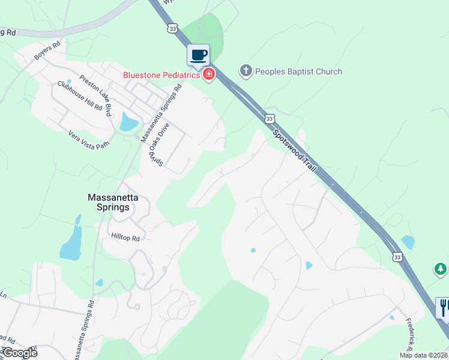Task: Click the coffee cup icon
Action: (199, 56)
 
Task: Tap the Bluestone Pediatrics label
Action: (161, 75)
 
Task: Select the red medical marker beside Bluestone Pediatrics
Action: (209, 75)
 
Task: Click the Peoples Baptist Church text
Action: (298, 71)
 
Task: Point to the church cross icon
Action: (246, 71)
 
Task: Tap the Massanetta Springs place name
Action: (109, 202)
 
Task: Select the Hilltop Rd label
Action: (125, 238)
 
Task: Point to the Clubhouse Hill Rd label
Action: (80, 95)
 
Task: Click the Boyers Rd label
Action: (47, 50)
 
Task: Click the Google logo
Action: (19, 353)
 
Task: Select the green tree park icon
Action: (441, 269)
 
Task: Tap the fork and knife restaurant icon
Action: (444, 308)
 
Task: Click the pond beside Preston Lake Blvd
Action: (128, 122)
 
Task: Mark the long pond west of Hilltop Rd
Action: (71, 241)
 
